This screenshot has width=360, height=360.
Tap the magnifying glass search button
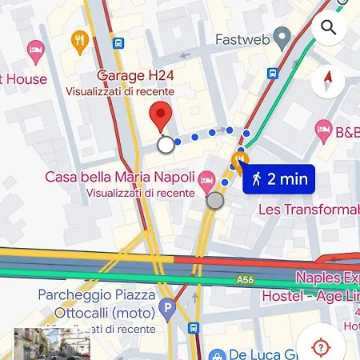328,28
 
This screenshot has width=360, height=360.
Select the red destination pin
162,118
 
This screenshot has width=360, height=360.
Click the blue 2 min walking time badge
280,179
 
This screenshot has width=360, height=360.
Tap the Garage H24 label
142,75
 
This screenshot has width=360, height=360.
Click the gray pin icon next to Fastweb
282,37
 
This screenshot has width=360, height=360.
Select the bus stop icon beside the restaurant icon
118,43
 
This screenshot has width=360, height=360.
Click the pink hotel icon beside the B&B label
324,128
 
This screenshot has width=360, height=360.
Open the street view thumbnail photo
52,344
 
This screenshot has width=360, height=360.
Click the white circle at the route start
166,145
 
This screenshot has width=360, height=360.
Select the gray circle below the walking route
214,201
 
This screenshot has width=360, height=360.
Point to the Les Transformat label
308,210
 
